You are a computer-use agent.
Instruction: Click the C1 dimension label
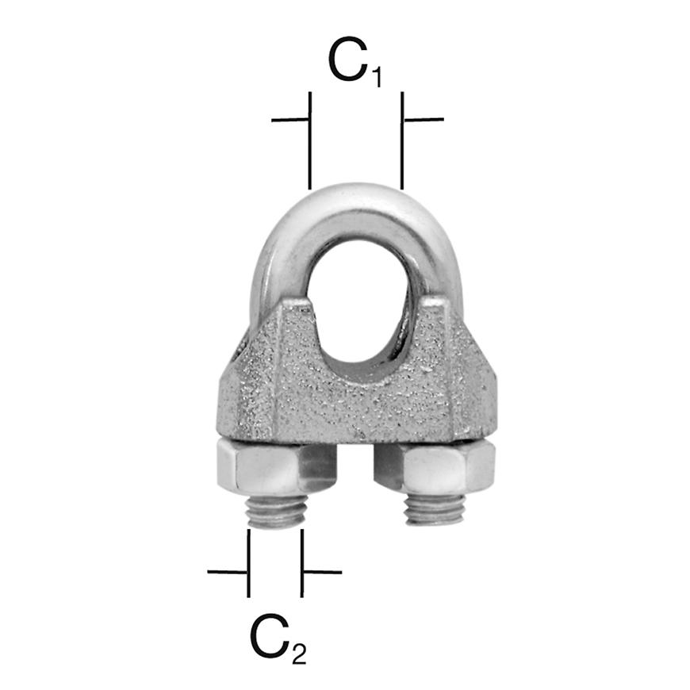[x=355, y=62]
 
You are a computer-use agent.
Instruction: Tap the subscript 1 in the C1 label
[x=375, y=76]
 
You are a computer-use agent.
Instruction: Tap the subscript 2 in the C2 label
[x=297, y=654]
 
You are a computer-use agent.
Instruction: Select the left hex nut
[x=257, y=468]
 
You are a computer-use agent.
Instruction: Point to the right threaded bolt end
[x=435, y=509]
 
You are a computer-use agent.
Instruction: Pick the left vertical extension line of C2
[x=248, y=563]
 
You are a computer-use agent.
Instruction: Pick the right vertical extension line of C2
[x=302, y=563]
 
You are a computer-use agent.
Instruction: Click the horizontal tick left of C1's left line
[x=289, y=120]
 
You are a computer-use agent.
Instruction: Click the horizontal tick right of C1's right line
[x=424, y=120]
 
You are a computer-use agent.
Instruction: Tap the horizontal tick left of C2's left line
[x=228, y=571]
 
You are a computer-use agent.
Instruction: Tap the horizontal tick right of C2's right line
[x=322, y=571]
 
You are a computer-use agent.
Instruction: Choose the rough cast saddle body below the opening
[x=357, y=404]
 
